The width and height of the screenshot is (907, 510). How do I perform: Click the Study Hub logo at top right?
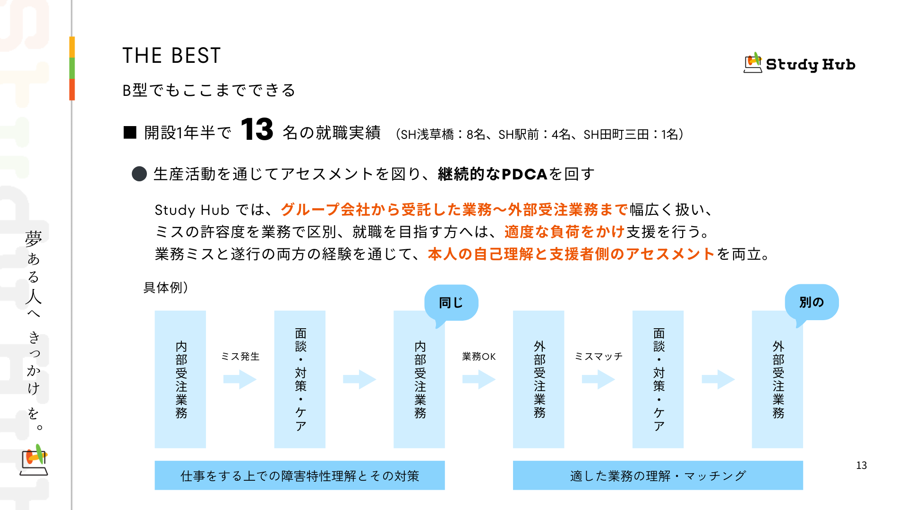(x=799, y=63)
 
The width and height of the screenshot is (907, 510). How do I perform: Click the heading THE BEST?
(x=171, y=56)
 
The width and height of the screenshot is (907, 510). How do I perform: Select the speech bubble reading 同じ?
(x=451, y=303)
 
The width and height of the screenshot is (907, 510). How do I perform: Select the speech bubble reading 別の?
(x=812, y=302)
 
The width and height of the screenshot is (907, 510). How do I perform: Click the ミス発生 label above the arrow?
(x=240, y=357)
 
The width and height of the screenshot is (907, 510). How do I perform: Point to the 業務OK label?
(x=479, y=357)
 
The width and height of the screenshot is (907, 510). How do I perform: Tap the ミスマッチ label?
(x=599, y=357)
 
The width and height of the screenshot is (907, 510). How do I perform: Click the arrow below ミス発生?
(x=240, y=379)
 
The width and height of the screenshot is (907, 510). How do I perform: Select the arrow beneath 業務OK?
(x=479, y=379)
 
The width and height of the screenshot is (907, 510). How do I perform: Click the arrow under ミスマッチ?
(x=599, y=379)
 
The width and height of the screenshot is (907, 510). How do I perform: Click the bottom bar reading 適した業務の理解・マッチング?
(x=658, y=476)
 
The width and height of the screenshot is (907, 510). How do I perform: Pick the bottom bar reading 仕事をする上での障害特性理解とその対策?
(x=299, y=476)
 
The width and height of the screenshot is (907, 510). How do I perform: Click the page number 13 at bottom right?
(x=861, y=466)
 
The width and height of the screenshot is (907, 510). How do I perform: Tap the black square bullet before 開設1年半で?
(x=130, y=133)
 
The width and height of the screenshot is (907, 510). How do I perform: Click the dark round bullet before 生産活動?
(x=139, y=174)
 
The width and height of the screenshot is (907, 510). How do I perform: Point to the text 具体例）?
(x=166, y=288)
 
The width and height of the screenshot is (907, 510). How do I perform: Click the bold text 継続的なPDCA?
(x=493, y=174)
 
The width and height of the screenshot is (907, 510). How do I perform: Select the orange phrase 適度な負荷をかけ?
(x=565, y=232)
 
